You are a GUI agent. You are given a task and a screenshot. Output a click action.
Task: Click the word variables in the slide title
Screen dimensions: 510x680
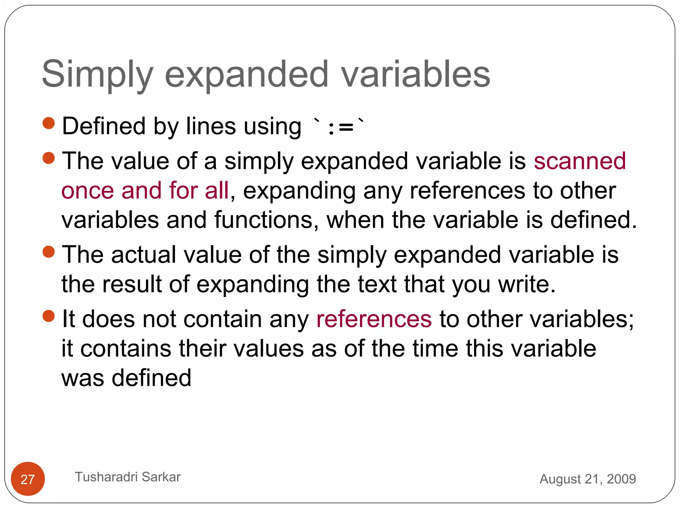click(x=416, y=74)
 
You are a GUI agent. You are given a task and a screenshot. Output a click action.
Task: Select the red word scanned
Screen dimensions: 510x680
click(x=579, y=161)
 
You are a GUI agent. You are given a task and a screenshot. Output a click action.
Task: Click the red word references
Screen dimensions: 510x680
click(x=374, y=319)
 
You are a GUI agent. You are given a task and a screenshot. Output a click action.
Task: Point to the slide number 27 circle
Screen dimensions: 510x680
click(x=28, y=478)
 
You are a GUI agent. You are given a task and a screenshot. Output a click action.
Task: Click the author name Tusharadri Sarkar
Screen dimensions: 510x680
click(x=127, y=477)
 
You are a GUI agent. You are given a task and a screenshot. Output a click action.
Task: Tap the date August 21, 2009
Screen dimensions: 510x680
click(x=588, y=479)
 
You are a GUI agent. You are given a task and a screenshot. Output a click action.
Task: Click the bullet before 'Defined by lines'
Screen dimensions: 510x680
click(x=49, y=123)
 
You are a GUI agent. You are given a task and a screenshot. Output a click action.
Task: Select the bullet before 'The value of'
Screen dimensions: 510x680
click(x=49, y=158)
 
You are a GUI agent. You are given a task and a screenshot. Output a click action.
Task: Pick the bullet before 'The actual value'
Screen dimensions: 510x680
click(x=49, y=252)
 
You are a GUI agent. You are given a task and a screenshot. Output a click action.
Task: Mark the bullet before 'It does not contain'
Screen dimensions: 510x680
click(x=49, y=316)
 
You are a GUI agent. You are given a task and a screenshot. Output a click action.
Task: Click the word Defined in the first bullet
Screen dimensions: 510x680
click(x=104, y=127)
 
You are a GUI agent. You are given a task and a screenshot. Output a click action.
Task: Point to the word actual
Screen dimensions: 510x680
click(x=143, y=255)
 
